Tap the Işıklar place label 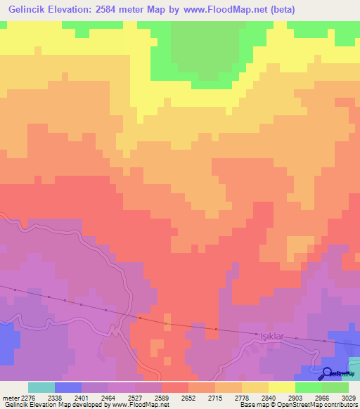tap(271, 337)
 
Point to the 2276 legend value tap(27, 397)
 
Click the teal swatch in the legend tap(41, 387)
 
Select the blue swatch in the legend tap(67, 387)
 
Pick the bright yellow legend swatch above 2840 tap(281, 387)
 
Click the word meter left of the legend tap(9, 397)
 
